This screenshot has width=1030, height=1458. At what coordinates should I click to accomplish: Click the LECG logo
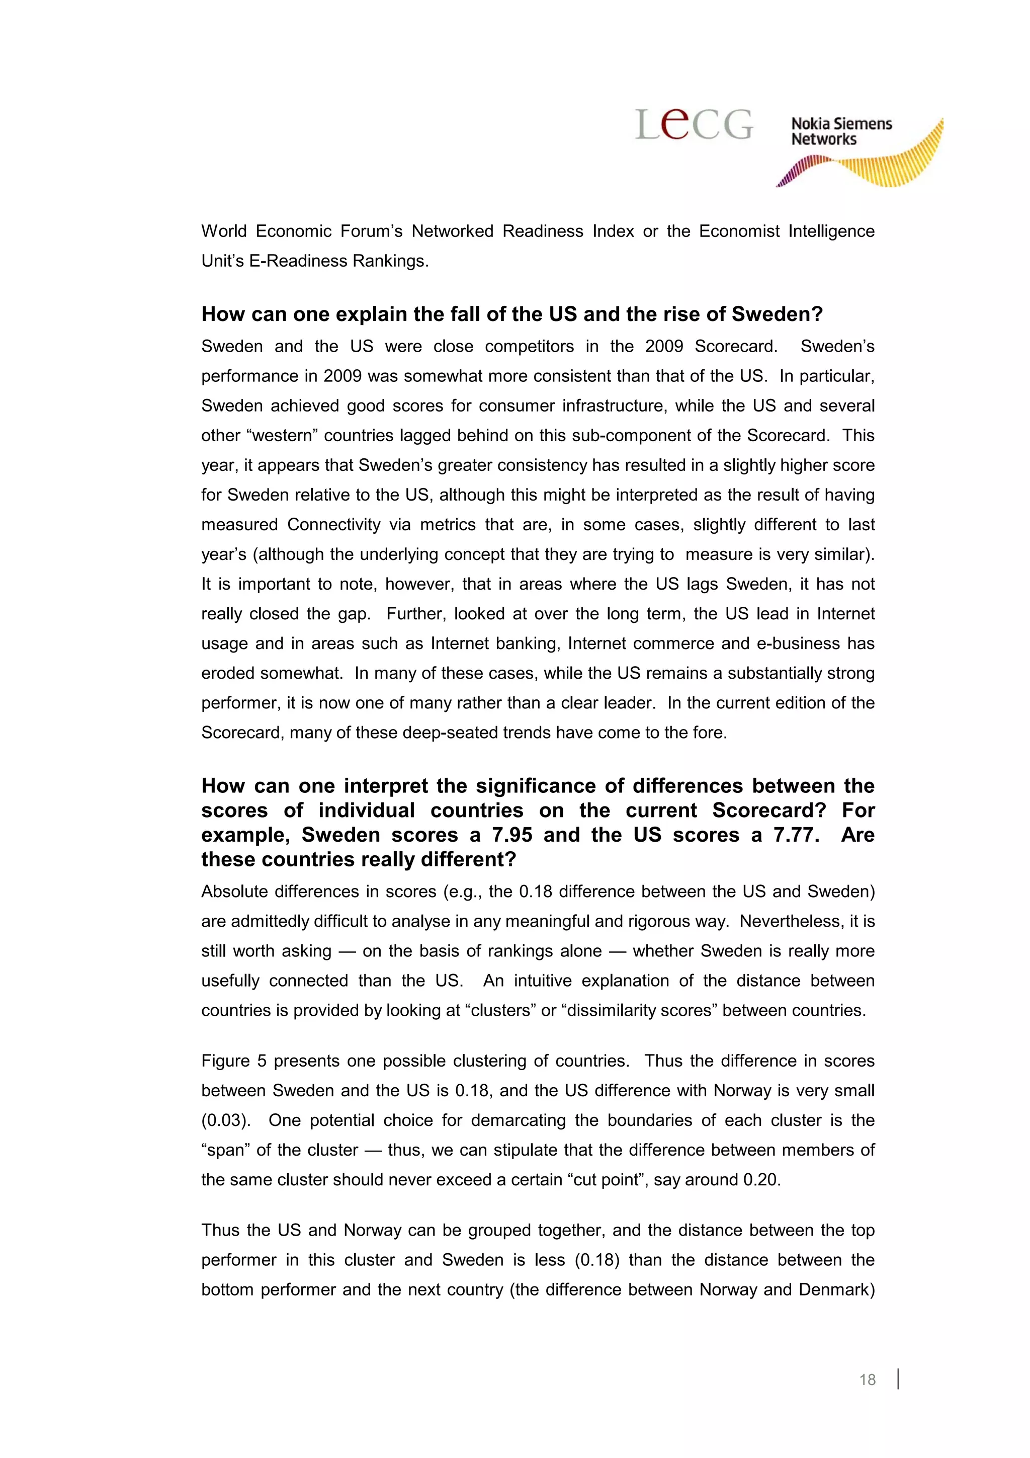click(x=694, y=124)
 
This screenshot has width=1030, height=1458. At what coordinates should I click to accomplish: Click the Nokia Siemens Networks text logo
click(x=841, y=131)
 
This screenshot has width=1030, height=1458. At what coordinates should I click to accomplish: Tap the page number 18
click(x=867, y=1379)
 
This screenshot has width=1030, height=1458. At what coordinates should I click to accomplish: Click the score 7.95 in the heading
click(x=512, y=835)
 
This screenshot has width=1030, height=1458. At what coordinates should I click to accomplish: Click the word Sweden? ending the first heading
click(x=777, y=314)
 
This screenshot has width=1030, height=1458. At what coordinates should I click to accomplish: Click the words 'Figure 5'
click(x=233, y=1061)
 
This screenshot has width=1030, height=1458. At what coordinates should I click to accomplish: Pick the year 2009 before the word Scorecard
click(x=664, y=346)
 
